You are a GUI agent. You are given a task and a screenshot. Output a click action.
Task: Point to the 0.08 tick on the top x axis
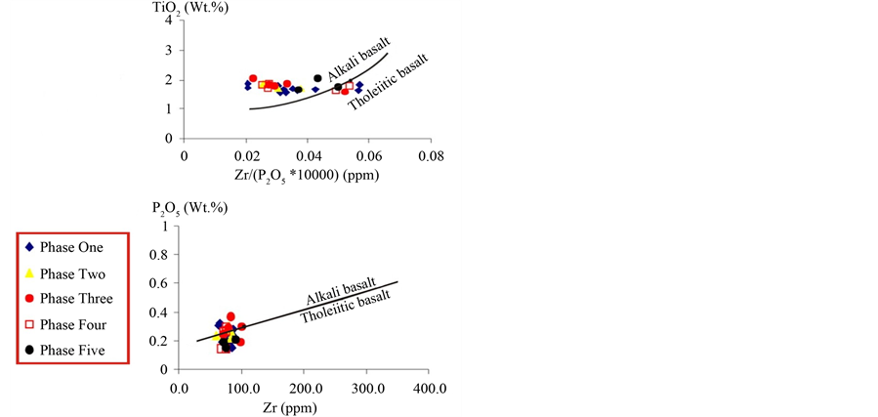[430, 155]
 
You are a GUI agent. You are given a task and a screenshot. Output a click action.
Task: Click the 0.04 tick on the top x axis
[307, 155]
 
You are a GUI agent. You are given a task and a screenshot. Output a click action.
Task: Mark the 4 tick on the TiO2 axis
[169, 20]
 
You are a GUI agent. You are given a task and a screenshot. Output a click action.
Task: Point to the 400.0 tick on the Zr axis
[430, 388]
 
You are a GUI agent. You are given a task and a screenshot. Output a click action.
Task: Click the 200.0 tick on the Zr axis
[305, 388]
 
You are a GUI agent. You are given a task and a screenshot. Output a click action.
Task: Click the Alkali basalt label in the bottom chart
[339, 293]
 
